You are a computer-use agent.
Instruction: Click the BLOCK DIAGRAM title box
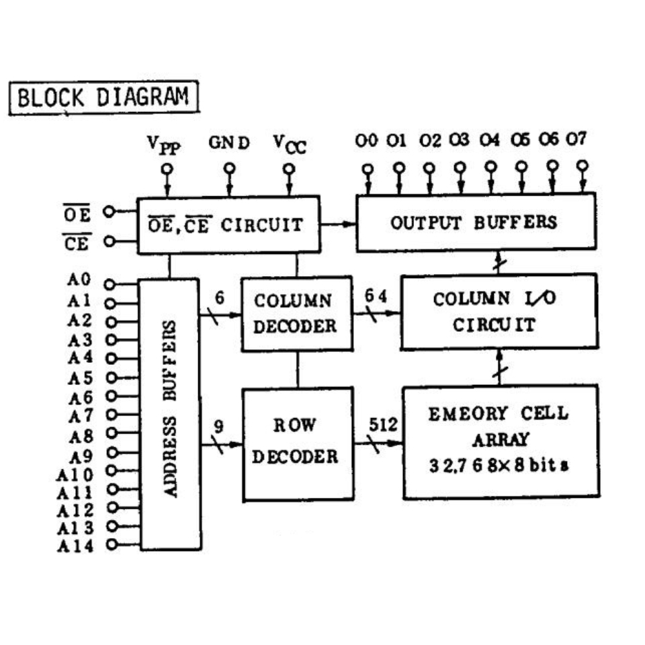tap(104, 98)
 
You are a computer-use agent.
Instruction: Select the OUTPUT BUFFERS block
tap(475, 222)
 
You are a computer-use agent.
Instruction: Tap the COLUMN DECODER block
tap(296, 313)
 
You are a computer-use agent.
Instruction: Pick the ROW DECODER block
tap(296, 443)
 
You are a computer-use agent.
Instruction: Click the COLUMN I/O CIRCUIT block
tap(498, 311)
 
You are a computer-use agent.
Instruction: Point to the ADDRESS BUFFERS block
tap(170, 413)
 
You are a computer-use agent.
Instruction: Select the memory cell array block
tap(500, 441)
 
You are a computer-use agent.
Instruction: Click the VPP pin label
tap(165, 144)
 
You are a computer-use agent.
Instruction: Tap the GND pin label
tap(228, 143)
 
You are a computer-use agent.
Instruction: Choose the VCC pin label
tap(290, 144)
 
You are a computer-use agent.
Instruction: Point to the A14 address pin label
tap(75, 545)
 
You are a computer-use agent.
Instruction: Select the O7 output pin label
tap(576, 140)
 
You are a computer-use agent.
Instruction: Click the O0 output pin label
tap(367, 141)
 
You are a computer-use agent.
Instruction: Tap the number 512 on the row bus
tap(384, 425)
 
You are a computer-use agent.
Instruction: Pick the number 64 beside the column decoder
tap(377, 296)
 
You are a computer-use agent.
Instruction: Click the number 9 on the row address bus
tap(218, 426)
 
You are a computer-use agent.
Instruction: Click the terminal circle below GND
tap(230, 168)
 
